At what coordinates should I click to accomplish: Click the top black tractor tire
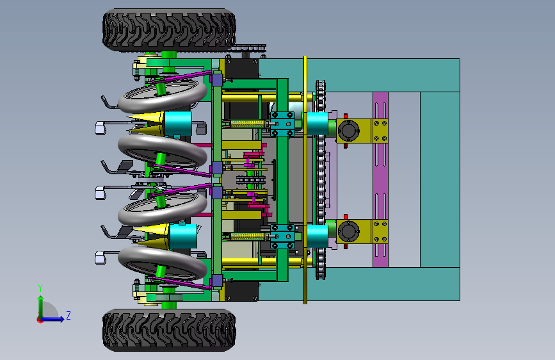169,30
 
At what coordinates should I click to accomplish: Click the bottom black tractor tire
169,330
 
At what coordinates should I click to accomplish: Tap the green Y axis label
40,288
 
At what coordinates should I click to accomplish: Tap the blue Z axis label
68,315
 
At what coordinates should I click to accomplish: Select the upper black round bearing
348,131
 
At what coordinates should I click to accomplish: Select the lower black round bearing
348,231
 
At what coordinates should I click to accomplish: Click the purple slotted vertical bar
380,179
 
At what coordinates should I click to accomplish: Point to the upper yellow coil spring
248,124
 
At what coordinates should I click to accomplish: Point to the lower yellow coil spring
248,236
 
